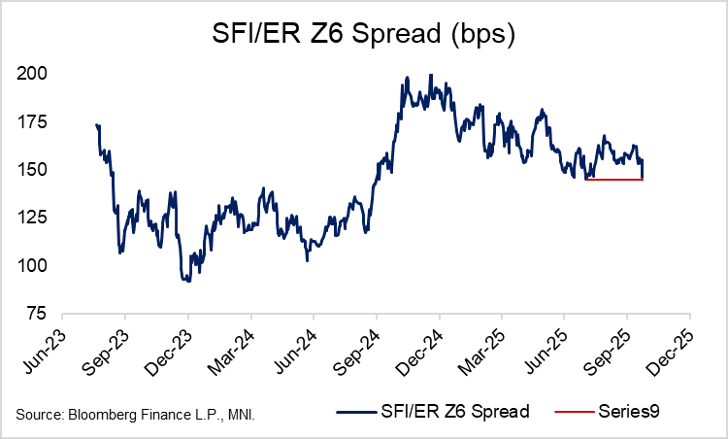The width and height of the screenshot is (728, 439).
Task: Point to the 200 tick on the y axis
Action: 36,74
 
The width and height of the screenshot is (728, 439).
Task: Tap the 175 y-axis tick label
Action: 36,122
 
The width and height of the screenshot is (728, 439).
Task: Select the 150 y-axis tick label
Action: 36,170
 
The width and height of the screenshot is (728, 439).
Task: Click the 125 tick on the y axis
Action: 36,218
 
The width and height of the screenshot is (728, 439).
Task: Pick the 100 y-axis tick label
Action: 36,266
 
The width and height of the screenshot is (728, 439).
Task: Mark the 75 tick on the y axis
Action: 40,314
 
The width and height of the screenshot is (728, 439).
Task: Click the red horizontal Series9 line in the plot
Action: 612,180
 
